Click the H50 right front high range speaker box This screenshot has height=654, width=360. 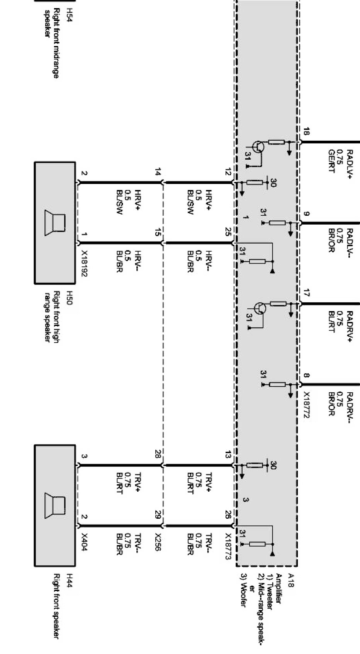[x=55, y=223]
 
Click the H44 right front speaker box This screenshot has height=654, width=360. [x=55, y=506]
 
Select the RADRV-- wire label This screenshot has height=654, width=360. [x=350, y=408]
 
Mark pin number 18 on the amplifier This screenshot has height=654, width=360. [x=306, y=131]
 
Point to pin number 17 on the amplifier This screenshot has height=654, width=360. [x=306, y=293]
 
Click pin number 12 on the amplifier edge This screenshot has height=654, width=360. [x=228, y=172]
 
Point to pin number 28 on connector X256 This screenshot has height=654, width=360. [x=157, y=454]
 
